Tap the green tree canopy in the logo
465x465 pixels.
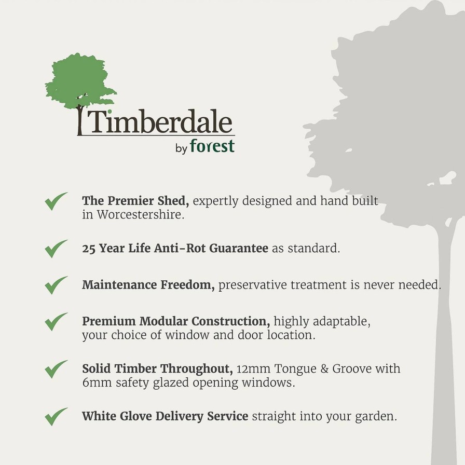80,80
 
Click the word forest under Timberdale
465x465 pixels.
212,146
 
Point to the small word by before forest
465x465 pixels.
181,148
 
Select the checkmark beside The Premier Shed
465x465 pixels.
56,201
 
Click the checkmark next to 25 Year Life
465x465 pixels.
56,249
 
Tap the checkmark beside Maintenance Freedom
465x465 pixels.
56,285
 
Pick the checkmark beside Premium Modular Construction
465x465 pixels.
56,321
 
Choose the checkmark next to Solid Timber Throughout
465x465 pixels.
56,369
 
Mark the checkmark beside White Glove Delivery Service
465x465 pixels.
56,417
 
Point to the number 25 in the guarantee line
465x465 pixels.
89,249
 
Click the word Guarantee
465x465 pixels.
239,248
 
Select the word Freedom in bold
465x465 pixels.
188,285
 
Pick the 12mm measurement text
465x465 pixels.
254,369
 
